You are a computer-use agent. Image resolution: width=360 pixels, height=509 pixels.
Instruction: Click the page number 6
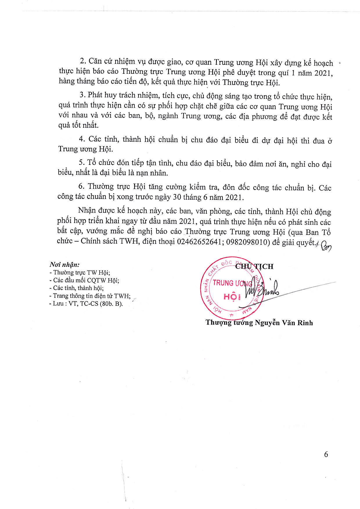[x=326, y=454]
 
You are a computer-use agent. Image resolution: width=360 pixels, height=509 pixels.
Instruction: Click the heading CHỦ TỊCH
[x=254, y=266]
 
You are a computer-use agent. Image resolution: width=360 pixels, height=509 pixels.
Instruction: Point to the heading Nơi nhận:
[x=64, y=265]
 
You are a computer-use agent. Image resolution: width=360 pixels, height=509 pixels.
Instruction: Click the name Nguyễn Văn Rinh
[x=284, y=323]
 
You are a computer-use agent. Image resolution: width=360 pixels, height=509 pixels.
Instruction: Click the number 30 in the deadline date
[x=177, y=197]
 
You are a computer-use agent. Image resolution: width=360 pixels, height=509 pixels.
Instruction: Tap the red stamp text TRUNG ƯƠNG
[x=232, y=283]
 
